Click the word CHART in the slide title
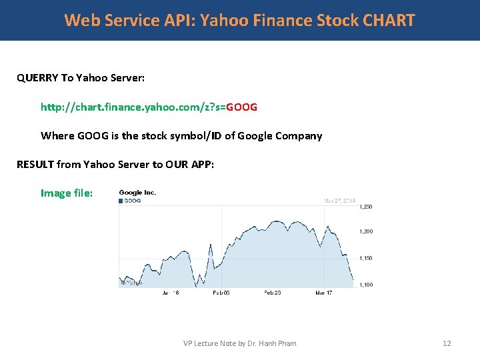click(389, 20)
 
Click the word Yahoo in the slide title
click(225, 20)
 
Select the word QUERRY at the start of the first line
click(37, 78)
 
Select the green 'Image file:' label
click(67, 193)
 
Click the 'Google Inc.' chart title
click(137, 193)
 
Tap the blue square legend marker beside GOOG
click(121, 200)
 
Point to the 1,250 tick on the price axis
click(365, 207)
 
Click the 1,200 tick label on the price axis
click(365, 231)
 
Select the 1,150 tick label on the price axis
click(365, 258)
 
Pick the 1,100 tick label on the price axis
click(365, 285)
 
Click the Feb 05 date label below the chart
click(221, 293)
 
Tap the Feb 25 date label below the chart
click(273, 293)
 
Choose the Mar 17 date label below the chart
click(324, 293)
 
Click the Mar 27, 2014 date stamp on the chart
click(339, 200)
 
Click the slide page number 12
click(447, 343)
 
